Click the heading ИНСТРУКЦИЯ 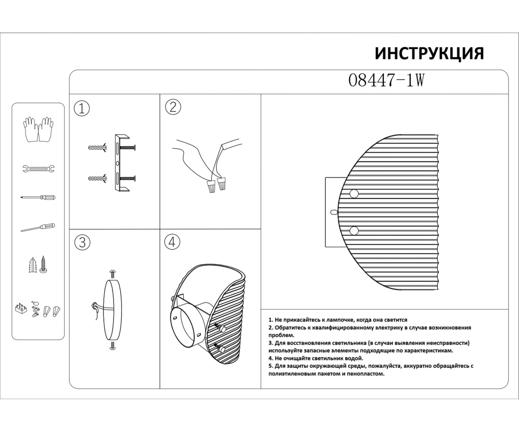(x=429, y=54)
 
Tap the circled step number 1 (x=82, y=108)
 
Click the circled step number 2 (x=173, y=107)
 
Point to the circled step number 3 (x=82, y=243)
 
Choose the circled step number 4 (x=172, y=242)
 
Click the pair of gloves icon (x=38, y=129)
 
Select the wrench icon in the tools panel (x=38, y=168)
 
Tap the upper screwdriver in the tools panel (x=38, y=197)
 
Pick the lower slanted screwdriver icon (x=38, y=227)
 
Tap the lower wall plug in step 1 (x=97, y=178)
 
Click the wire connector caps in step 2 (x=217, y=186)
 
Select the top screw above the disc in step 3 (x=113, y=273)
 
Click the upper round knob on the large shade (x=354, y=194)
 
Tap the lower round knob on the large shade (x=354, y=230)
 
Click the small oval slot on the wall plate (x=333, y=213)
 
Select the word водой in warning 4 (x=354, y=358)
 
